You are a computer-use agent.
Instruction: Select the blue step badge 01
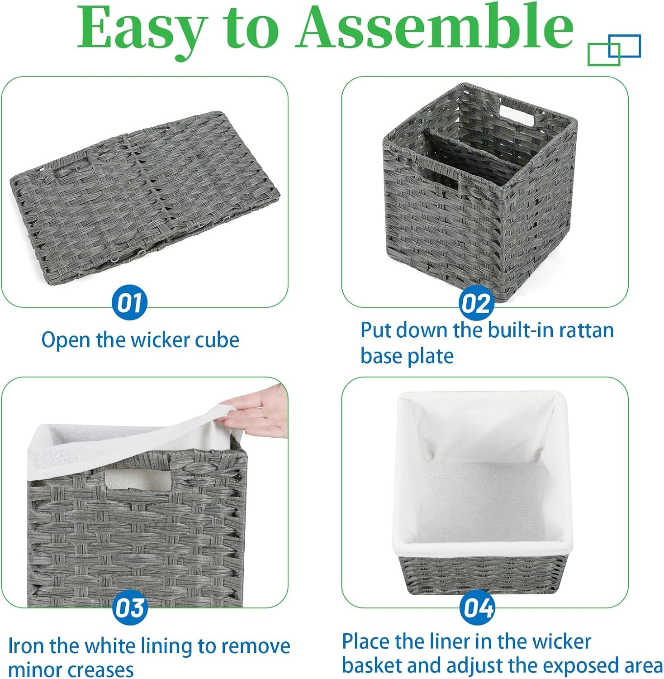click(130, 302)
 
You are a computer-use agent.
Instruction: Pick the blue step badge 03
click(130, 608)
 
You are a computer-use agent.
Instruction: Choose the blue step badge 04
click(477, 608)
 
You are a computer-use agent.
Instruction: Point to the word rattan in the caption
click(586, 330)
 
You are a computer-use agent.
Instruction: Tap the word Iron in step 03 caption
click(27, 646)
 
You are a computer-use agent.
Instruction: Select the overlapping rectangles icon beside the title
click(614, 49)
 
